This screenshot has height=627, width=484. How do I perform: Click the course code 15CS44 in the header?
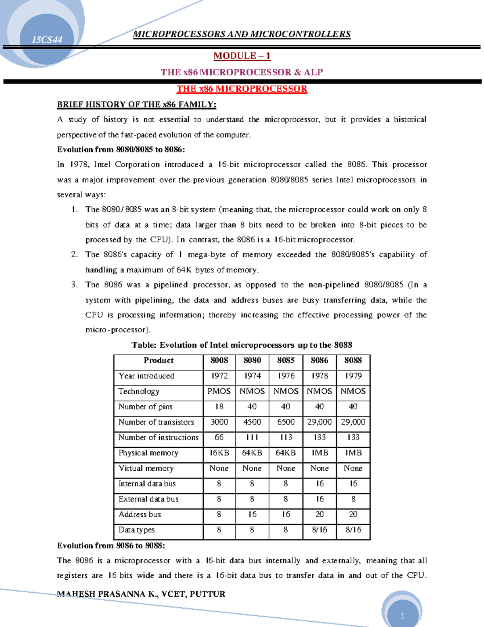47,40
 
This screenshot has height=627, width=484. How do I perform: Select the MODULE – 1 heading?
242,56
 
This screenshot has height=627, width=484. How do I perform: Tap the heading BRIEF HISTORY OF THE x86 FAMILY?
137,105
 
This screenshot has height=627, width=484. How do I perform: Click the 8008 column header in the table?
219,361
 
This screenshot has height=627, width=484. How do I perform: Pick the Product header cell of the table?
159,361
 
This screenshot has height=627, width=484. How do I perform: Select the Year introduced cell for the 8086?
319,376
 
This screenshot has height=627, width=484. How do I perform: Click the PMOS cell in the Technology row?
219,391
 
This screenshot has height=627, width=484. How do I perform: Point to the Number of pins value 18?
219,407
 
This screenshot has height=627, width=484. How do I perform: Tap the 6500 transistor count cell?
286,422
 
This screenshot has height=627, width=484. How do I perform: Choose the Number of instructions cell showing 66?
219,437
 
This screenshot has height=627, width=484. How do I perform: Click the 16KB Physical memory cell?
219,453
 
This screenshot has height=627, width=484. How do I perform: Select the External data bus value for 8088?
353,499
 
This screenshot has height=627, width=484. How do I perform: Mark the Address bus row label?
140,514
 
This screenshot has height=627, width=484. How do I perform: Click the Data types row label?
136,530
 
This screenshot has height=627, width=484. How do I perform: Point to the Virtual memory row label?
146,468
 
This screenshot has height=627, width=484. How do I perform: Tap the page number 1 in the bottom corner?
402,616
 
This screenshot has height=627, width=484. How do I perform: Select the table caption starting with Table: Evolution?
242,345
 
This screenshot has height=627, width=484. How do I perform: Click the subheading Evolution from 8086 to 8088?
111,545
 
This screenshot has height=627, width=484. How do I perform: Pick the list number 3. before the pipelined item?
74,285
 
